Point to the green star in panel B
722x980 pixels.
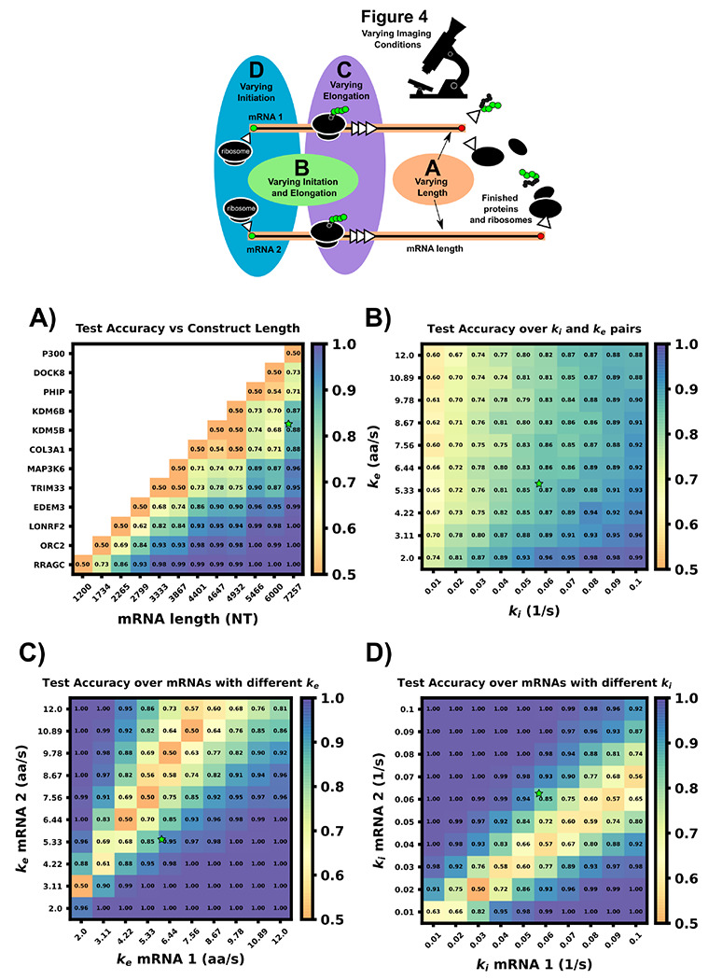tap(539, 483)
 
